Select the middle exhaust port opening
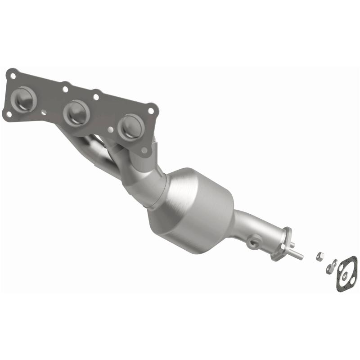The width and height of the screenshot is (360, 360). (76, 112)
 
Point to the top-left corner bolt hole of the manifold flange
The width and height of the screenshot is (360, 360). (13, 75)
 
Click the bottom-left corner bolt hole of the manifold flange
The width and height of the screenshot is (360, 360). (8, 114)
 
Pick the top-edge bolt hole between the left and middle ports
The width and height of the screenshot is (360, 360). (66, 88)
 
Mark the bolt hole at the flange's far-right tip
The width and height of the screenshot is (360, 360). (151, 110)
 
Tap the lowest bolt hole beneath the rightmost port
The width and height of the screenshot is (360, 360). (144, 150)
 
